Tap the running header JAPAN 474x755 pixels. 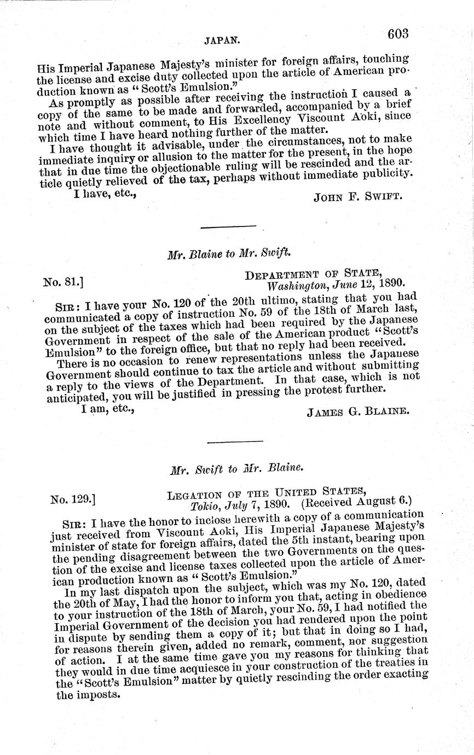[x=219, y=40]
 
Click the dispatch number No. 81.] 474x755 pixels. [x=63, y=283]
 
